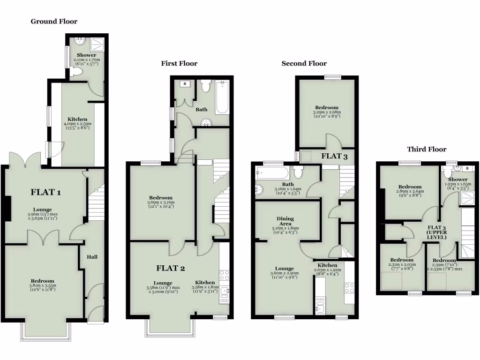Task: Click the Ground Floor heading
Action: (54, 22)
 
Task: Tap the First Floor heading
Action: (179, 64)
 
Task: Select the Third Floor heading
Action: (427, 150)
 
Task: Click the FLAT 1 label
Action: (46, 192)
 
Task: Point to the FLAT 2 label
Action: (171, 268)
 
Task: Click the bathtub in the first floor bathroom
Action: (222, 97)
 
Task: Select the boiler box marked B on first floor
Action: (185, 84)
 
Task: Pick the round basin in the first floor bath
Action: (206, 123)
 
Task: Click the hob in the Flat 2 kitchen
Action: (224, 275)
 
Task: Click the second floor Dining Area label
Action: (285, 221)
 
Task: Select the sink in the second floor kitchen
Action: (321, 307)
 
